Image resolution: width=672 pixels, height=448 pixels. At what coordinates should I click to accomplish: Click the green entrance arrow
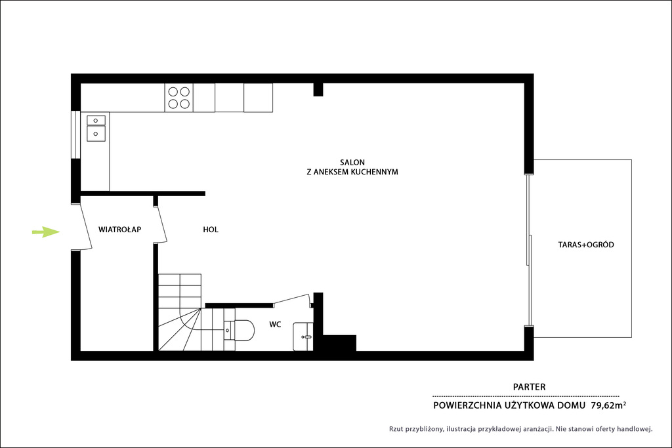[x=46, y=232]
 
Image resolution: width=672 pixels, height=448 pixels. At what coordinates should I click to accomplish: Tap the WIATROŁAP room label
[x=119, y=230]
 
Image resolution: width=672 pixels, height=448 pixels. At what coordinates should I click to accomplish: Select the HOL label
[x=211, y=230]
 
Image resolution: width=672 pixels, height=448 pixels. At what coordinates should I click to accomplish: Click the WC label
[x=275, y=325]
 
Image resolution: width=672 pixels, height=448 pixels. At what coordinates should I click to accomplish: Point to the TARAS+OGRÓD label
[x=586, y=245]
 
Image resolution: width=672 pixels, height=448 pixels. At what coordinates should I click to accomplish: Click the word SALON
[x=352, y=162]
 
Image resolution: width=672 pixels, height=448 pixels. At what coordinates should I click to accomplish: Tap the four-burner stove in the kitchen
[x=178, y=98]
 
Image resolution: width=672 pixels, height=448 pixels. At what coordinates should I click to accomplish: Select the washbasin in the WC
[x=303, y=336]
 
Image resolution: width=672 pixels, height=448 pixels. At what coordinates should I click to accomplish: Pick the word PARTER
[x=530, y=387]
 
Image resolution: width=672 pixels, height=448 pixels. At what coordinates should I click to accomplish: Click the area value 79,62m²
[x=608, y=405]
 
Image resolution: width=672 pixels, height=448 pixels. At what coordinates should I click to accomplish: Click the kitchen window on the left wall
[x=76, y=134]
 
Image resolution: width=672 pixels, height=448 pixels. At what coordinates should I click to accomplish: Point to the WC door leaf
[x=292, y=298]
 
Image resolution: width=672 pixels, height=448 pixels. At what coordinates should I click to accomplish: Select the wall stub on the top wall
[x=318, y=89]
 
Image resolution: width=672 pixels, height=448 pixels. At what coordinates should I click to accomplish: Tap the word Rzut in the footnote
[x=396, y=429]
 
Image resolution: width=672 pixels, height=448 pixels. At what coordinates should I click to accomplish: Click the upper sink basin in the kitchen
[x=96, y=120]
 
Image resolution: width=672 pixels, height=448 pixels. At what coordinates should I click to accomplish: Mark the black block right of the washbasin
[x=339, y=343]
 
